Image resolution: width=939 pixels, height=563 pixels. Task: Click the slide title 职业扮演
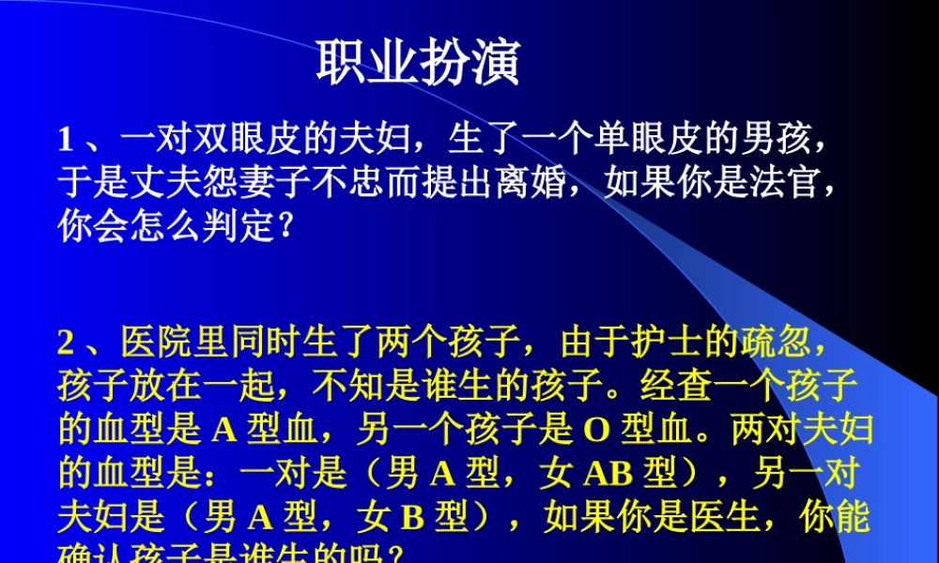418,64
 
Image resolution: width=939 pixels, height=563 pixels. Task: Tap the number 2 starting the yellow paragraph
66,343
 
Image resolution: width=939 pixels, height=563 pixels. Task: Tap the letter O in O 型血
597,430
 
